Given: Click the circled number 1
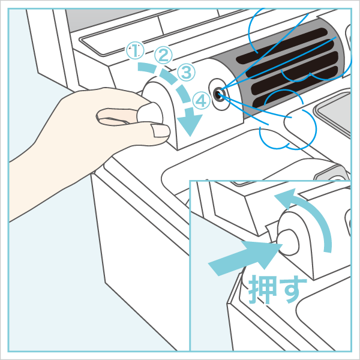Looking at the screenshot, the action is coord(135,51).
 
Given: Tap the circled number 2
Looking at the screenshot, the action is coord(163,55).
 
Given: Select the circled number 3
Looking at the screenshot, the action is coord(187,72).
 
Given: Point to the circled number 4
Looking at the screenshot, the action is coord(202,101).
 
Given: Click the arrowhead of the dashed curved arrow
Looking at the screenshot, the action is coord(190,122).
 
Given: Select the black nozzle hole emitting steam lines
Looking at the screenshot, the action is coord(218,94).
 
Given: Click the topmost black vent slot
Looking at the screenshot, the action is coord(282,46).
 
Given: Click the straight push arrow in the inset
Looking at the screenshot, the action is coord(245,257).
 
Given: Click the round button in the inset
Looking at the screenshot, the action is coord(288,242).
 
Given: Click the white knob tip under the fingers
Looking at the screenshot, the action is coord(151,113).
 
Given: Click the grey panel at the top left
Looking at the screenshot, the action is coord(110,20).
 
